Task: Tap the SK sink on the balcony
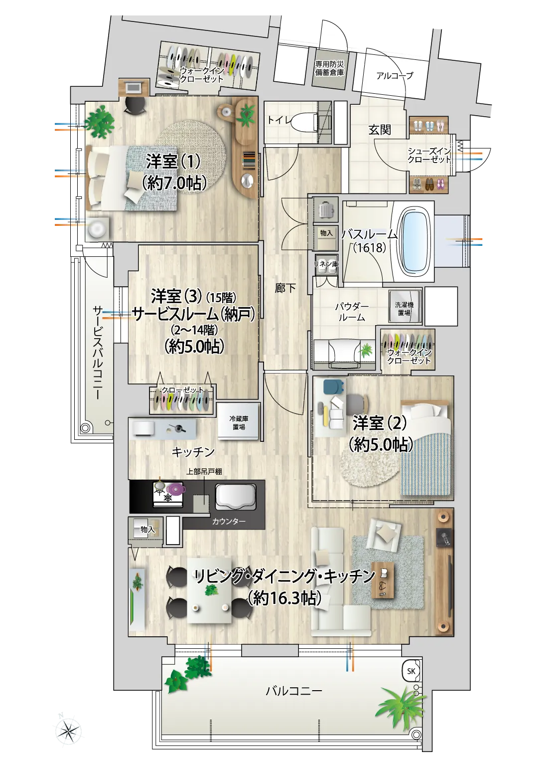[x=411, y=671]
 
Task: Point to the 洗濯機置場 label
[x=404, y=309]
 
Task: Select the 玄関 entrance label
[x=380, y=130]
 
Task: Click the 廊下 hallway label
[x=285, y=288]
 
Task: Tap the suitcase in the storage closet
[x=325, y=210]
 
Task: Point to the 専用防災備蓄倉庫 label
[x=329, y=68]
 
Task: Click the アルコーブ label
[x=395, y=76]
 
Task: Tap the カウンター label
[x=229, y=522]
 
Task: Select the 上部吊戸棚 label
[x=204, y=472]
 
